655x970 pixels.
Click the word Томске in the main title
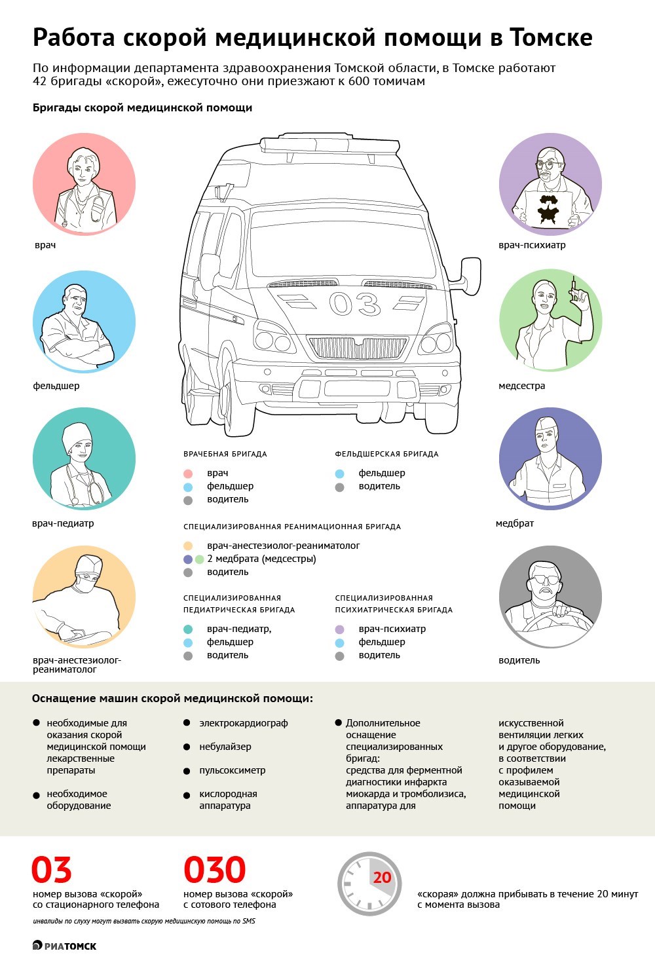coord(551,37)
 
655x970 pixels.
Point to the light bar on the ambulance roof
coord(329,145)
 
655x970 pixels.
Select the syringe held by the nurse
coord(574,289)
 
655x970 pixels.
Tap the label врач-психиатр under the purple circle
coord(532,245)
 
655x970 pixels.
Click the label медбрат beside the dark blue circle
coord(515,523)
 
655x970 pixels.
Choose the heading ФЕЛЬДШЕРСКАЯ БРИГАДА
coord(386,454)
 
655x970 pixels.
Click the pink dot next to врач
coord(187,474)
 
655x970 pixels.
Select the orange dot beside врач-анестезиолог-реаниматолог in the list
coord(187,546)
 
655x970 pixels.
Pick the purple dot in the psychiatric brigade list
coord(340,629)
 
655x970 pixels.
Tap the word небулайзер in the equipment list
coord(225,747)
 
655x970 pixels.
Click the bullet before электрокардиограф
coord(187,722)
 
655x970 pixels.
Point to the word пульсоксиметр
coord(232,770)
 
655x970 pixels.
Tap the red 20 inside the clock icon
coord(382,878)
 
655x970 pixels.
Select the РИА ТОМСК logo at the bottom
coord(64,946)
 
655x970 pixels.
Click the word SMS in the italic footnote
coord(249,921)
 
